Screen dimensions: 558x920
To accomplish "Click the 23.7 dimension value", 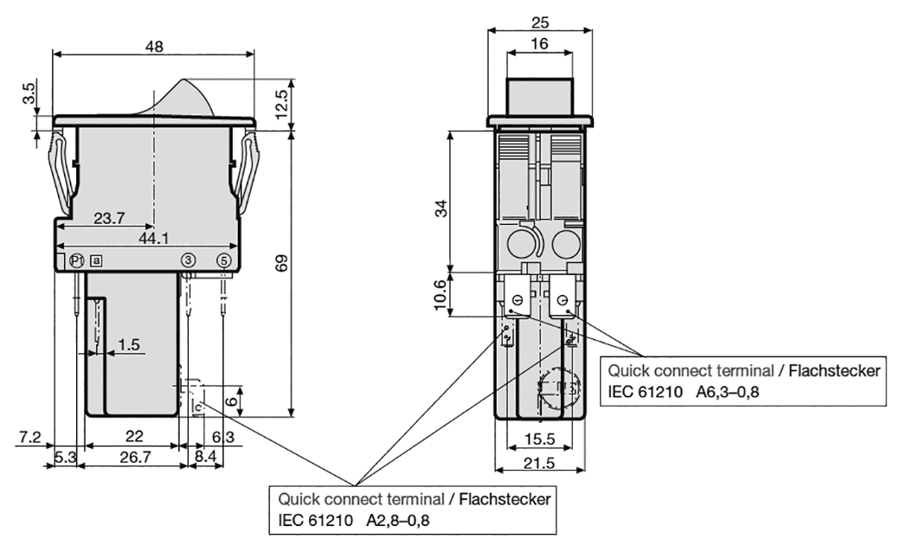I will coord(109,219).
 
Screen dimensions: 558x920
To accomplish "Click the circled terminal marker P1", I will coord(75,260).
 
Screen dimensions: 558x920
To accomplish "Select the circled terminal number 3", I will coord(187,260).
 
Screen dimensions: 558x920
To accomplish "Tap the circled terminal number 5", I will coord(223,260).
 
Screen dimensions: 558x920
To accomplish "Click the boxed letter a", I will coord(97,260).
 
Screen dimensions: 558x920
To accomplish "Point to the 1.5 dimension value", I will coord(128,344).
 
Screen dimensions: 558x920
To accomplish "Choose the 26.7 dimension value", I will coord(133,456).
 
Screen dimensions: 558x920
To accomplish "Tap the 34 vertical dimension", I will coord(441,208).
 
